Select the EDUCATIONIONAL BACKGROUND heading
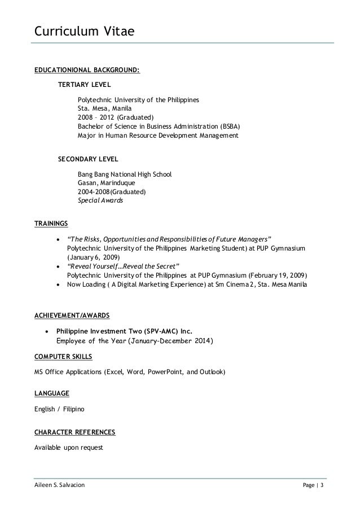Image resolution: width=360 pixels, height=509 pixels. [x=87, y=71]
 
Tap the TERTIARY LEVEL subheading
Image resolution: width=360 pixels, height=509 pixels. [x=85, y=85]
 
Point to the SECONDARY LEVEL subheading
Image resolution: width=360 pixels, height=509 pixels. [x=89, y=160]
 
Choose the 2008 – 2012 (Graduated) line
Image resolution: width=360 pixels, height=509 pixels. [x=111, y=117]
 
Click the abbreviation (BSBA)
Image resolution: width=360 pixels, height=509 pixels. [x=226, y=126]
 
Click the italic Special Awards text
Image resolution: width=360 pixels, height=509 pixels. [x=100, y=200]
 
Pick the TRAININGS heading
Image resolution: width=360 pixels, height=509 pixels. [x=51, y=223]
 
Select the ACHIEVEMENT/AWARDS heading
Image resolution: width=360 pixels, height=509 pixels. [x=72, y=314]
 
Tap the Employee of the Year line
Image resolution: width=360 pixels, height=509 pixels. [x=135, y=341]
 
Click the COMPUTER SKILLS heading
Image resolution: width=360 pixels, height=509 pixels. [x=64, y=357]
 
